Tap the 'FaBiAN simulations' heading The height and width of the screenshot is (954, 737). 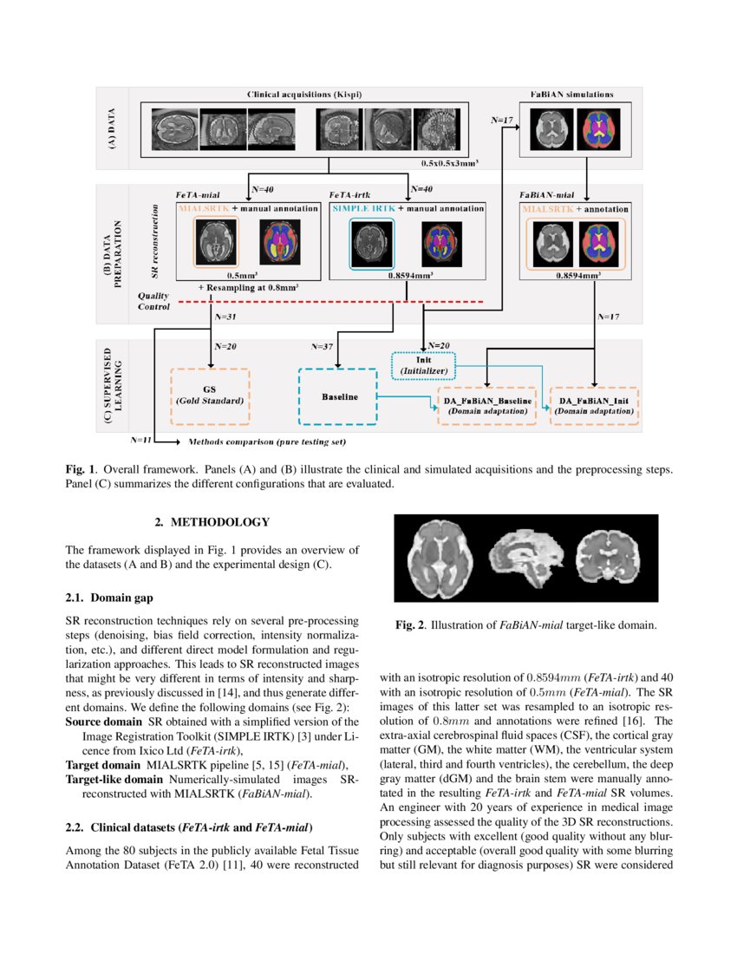[x=572, y=93]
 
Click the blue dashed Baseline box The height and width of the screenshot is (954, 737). [x=337, y=396]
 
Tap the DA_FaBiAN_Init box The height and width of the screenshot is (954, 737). [x=594, y=406]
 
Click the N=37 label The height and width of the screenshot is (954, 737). [x=323, y=346]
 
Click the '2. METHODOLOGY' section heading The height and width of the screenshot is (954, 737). [x=212, y=523]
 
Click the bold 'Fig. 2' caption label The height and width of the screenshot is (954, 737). [x=412, y=624]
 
